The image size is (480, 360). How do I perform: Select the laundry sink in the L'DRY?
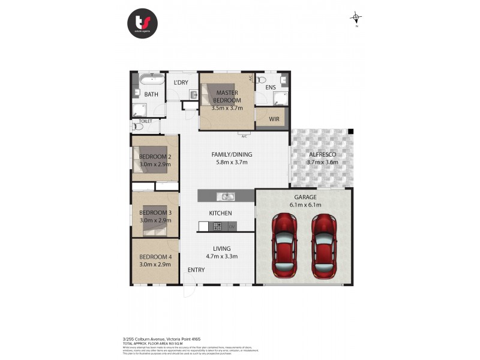tap(194, 94)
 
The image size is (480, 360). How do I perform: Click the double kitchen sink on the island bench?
tap(226, 196)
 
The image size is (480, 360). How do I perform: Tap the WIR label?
tap(274, 119)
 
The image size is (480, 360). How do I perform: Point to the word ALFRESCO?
tap(323, 154)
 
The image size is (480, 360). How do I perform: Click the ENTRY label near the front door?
tap(196, 269)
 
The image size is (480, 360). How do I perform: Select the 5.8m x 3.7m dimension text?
tap(232, 162)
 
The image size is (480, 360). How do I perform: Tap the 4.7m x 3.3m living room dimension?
tap(222, 256)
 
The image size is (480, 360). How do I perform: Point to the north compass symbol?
tap(357, 18)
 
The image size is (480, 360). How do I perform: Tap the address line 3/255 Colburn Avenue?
tap(157, 338)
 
